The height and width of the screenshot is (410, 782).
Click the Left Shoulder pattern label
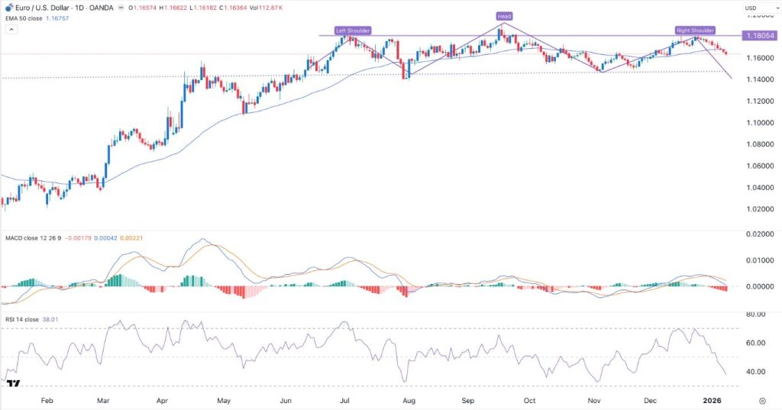coord(353,30)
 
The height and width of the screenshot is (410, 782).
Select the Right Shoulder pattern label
coord(695,30)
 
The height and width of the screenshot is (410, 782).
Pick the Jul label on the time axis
coord(344,400)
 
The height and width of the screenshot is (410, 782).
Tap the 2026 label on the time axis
coord(712,400)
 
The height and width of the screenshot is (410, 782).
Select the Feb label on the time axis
coord(47,400)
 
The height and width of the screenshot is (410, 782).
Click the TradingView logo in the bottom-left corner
coord(12,383)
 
